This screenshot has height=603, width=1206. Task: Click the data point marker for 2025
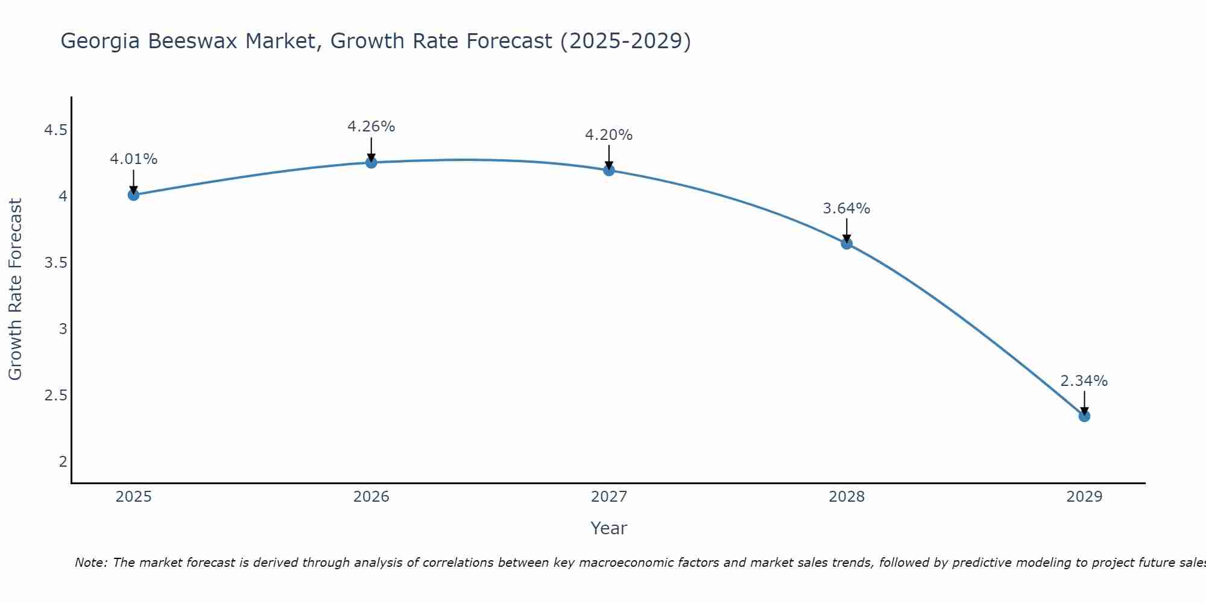point(133,195)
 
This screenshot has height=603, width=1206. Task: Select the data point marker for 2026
point(371,162)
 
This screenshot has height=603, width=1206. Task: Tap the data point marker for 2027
point(608,170)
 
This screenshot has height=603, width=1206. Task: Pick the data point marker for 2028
point(847,244)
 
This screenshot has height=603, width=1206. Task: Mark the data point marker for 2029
point(1084,416)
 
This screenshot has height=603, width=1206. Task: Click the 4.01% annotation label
point(133,159)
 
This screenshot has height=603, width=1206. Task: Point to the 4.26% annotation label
point(371,127)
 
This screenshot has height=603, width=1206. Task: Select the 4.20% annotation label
point(608,135)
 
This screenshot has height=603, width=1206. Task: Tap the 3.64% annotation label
point(847,209)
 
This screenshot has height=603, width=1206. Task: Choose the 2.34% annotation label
point(1084,381)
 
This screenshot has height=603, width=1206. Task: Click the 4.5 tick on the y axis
point(55,130)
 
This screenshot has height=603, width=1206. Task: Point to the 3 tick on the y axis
point(63,329)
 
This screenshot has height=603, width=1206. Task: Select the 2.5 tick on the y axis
point(55,396)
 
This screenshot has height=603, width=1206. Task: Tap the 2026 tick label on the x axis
point(371,497)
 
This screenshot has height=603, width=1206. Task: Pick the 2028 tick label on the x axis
point(847,497)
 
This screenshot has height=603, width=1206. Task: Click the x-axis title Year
point(608,528)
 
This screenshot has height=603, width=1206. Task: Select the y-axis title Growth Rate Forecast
point(15,289)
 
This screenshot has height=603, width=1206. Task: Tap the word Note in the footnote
point(90,563)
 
